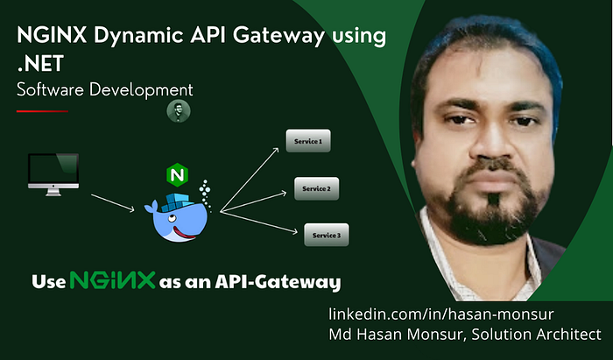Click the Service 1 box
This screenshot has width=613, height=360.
point(309,140)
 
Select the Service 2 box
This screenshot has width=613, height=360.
point(315,188)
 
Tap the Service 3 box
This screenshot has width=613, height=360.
point(326,235)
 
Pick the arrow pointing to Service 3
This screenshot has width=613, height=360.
point(258,221)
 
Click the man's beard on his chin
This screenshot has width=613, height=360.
point(490,215)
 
